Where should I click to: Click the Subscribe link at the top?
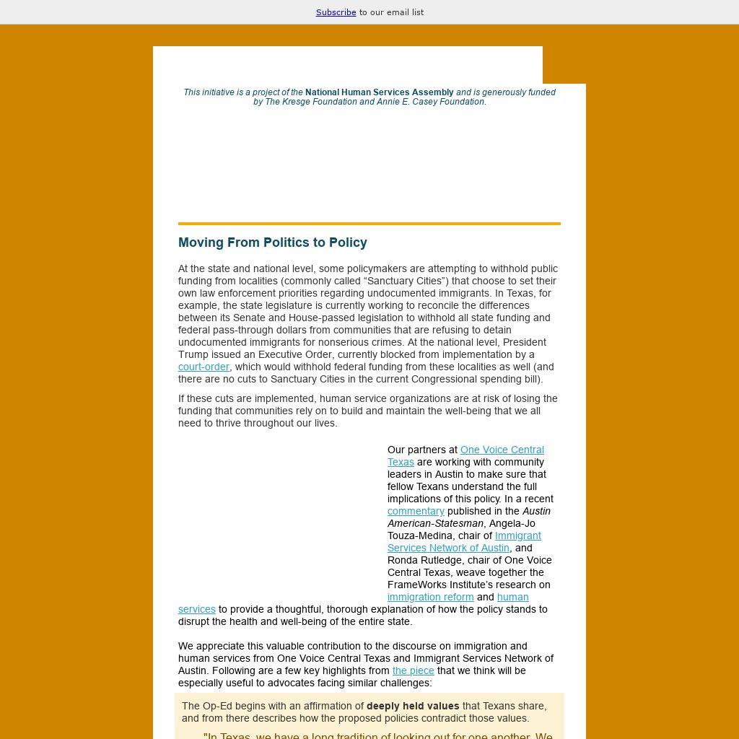336,12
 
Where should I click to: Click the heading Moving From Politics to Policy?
273,242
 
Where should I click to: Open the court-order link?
204,367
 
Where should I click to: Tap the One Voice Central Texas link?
502,450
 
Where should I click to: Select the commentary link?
416,511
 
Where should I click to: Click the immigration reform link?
430,597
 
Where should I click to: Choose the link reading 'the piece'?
413,670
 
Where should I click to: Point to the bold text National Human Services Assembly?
379,92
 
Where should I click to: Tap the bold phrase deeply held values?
413,706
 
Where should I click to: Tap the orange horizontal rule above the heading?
369,224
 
